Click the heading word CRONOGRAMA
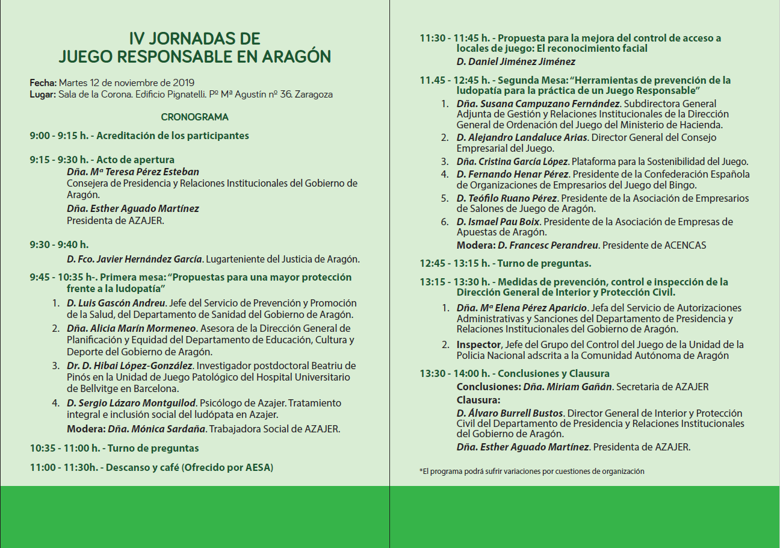pos(194,117)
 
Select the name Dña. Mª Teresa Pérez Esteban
pos(132,172)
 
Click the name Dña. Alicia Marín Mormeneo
pos(131,329)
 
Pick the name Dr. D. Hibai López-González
pos(129,366)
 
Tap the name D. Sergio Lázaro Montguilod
pos(131,403)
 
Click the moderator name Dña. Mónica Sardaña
pos(156,429)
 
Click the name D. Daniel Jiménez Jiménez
pos(516,61)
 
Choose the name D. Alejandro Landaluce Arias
pos(523,138)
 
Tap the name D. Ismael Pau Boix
pos(498,222)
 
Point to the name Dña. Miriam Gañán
pos(567,387)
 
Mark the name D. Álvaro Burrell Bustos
pos(510,414)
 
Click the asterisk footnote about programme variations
pos(531,472)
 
